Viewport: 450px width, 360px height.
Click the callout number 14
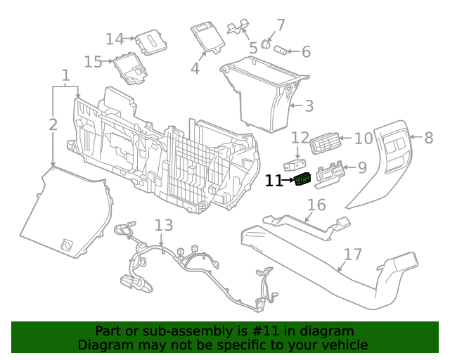(115, 39)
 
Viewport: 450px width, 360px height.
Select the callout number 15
(93, 62)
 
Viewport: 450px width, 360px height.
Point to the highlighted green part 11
(303, 180)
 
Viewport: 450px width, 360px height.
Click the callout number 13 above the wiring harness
(163, 225)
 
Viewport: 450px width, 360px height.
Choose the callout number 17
(352, 254)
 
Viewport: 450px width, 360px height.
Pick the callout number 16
(316, 205)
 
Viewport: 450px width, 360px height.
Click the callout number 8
(428, 139)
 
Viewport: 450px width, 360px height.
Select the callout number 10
(363, 139)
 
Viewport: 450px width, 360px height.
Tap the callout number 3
(309, 107)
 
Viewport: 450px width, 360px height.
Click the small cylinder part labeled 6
(281, 51)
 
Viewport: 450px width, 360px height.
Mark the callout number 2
(53, 125)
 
